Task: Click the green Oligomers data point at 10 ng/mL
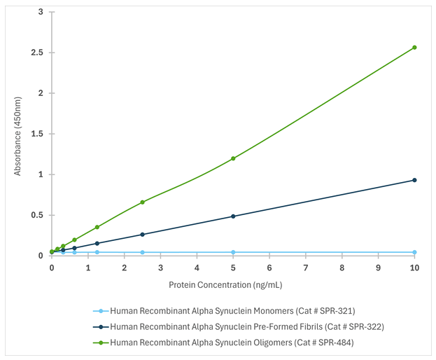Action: click(x=414, y=48)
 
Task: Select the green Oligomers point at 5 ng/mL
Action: click(x=233, y=158)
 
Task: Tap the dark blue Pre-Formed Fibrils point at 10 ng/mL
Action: click(x=414, y=180)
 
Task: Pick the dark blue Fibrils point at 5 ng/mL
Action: click(x=233, y=216)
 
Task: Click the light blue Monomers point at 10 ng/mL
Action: click(x=414, y=252)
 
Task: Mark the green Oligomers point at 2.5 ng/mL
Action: click(x=142, y=202)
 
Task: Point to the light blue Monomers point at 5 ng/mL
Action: click(x=233, y=252)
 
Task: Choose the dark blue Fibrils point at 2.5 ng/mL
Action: click(x=142, y=235)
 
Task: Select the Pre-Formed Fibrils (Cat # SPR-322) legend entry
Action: click(x=247, y=326)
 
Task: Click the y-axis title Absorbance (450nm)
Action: click(x=18, y=134)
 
